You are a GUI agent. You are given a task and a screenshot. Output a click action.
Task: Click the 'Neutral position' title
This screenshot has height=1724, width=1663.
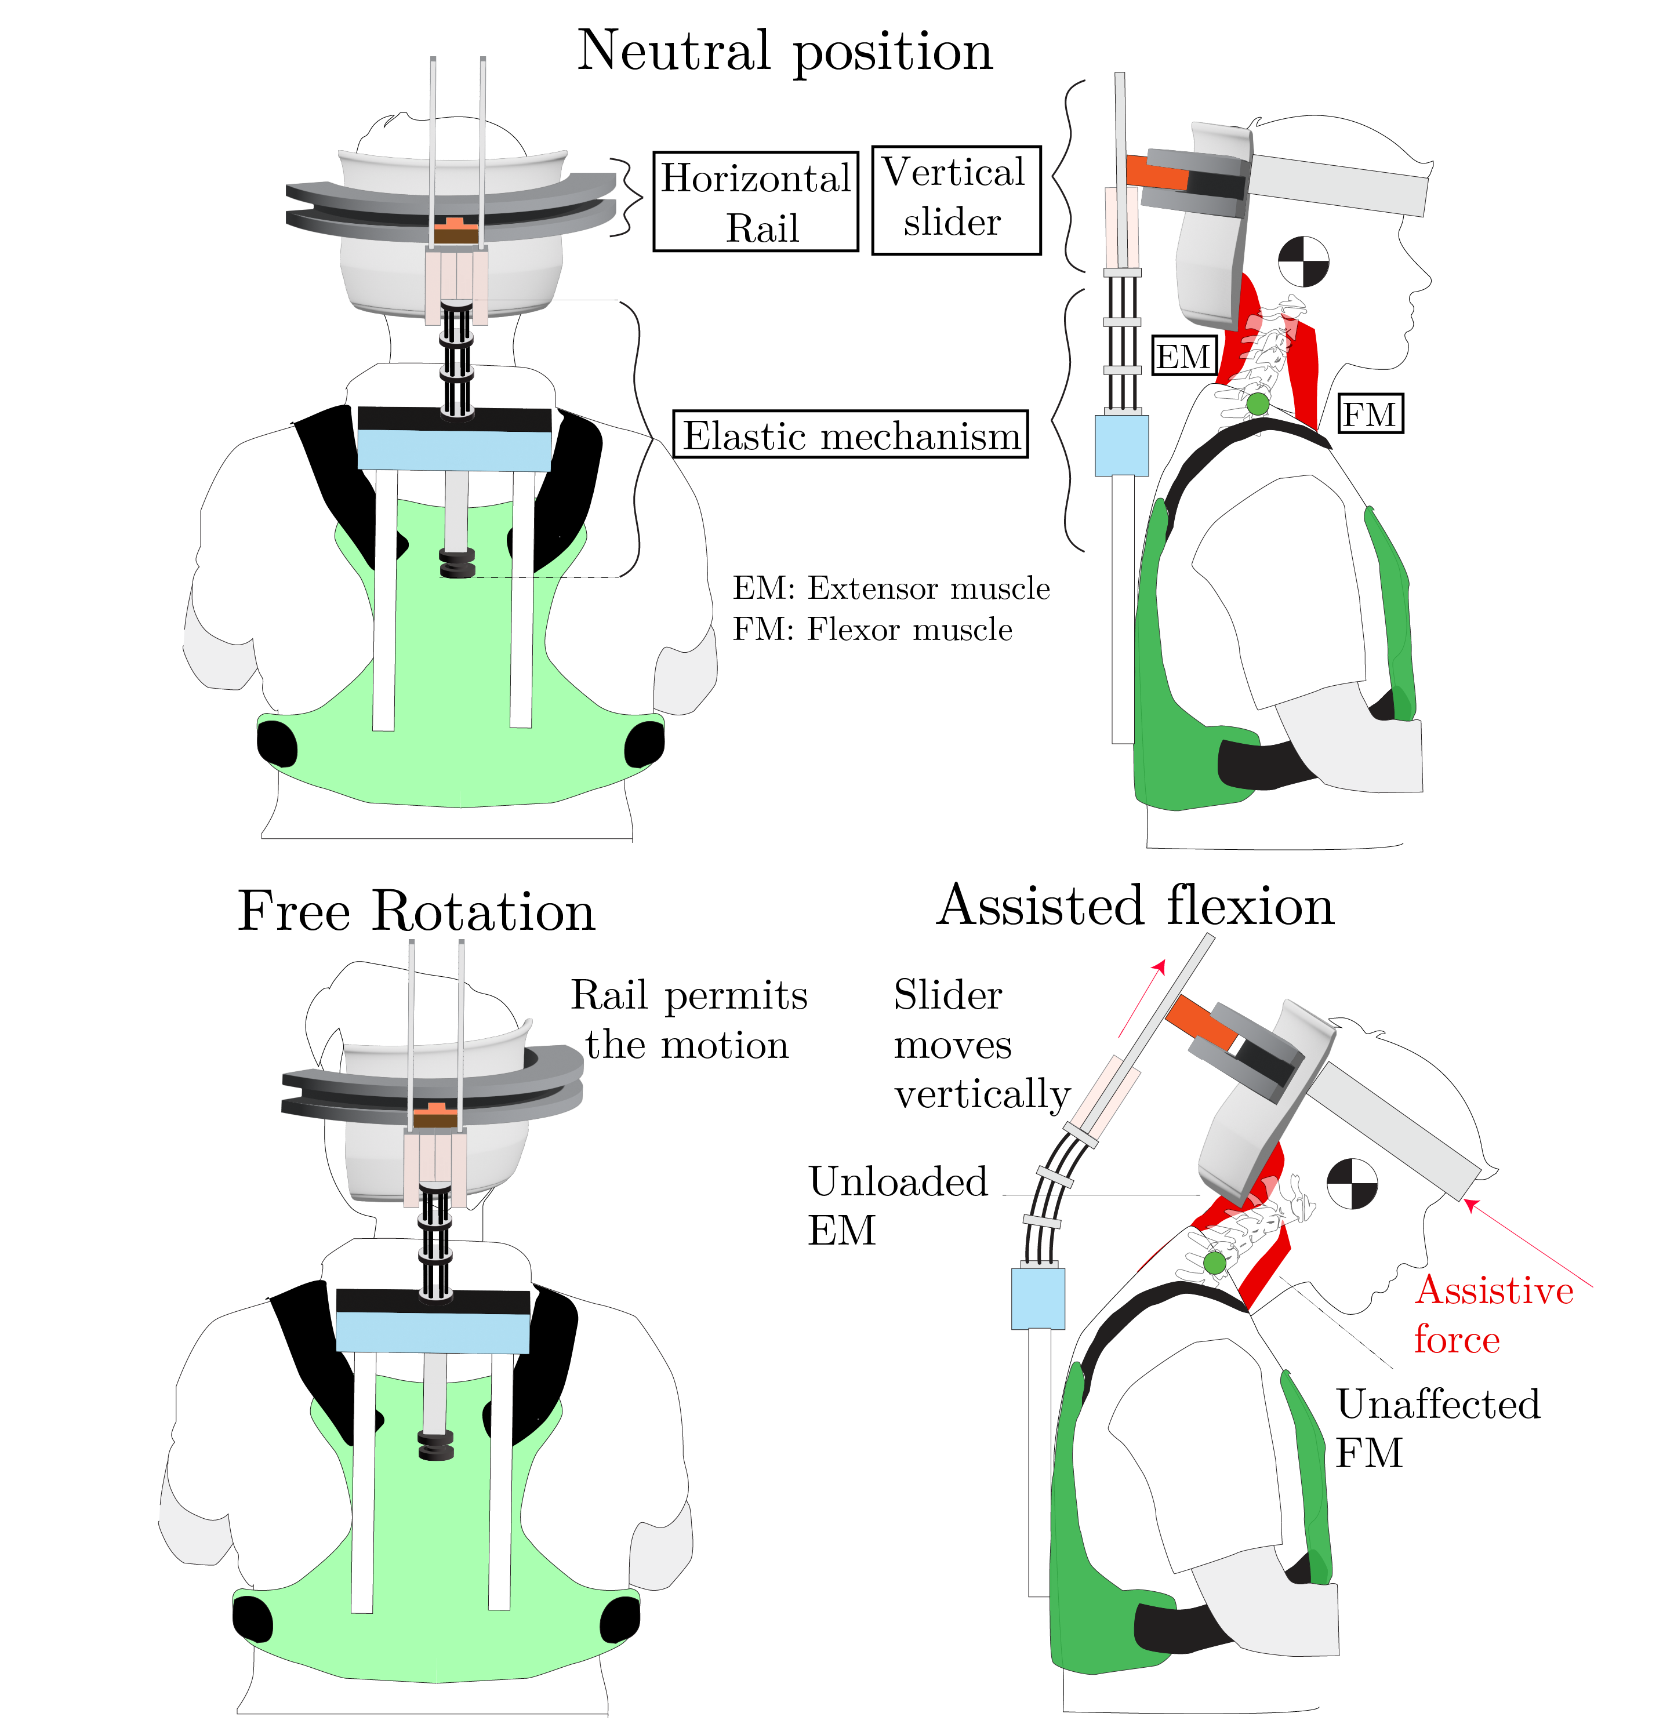click(785, 51)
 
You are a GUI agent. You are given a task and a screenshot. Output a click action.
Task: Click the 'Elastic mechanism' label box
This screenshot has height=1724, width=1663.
click(850, 435)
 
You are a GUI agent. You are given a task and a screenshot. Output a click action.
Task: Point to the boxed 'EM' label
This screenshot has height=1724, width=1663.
click(1183, 357)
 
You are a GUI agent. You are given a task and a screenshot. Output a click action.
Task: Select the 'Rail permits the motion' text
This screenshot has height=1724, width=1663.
click(688, 1020)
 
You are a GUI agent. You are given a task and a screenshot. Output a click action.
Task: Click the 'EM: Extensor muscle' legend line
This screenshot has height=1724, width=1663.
click(891, 588)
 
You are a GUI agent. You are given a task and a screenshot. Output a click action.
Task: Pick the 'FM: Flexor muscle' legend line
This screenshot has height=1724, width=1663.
click(872, 630)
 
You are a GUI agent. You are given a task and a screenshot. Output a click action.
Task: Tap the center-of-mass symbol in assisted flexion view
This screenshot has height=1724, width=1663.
click(1352, 1183)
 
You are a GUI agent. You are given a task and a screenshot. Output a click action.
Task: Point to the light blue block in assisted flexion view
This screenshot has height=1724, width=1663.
click(1039, 1297)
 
